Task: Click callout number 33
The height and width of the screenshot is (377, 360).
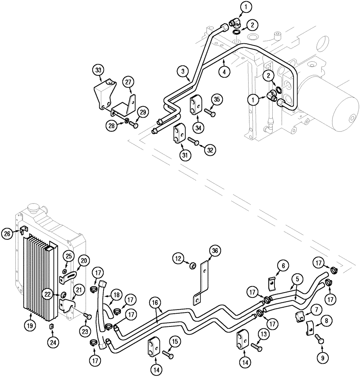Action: pyautogui.click(x=98, y=70)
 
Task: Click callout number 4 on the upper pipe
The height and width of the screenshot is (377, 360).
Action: pyautogui.click(x=224, y=71)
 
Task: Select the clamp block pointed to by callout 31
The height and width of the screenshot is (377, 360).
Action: pyautogui.click(x=178, y=134)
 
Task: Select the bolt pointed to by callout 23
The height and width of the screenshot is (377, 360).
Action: pyautogui.click(x=87, y=316)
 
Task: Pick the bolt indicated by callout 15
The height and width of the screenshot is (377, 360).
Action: pyautogui.click(x=168, y=354)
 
